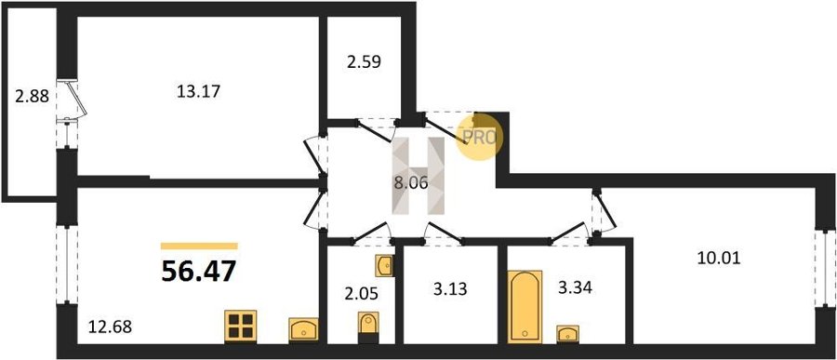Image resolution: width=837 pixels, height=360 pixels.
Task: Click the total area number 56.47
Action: [198, 272]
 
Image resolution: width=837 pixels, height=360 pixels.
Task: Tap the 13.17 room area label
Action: [198, 92]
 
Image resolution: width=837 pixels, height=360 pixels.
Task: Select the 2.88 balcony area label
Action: [32, 97]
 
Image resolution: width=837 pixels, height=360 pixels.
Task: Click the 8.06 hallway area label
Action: [410, 184]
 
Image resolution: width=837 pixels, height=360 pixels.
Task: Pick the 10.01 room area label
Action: [719, 259]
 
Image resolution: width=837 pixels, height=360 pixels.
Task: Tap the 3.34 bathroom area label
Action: [575, 289]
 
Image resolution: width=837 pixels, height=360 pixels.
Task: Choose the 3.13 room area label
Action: [449, 289]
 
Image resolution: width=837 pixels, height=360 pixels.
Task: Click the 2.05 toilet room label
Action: [356, 294]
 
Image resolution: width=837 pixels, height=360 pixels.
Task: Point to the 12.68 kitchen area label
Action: [110, 326]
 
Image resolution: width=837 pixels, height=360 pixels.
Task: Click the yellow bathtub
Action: [525, 306]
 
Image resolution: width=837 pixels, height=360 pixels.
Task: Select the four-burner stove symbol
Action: [240, 326]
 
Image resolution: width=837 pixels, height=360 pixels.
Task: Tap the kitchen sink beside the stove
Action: [304, 329]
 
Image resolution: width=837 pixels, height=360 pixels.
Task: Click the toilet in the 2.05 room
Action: [368, 327]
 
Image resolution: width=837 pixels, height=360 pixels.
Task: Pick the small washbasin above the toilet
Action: [384, 265]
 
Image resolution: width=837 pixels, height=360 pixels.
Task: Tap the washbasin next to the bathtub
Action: [567, 334]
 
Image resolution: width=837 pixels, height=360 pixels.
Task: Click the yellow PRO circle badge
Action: [479, 138]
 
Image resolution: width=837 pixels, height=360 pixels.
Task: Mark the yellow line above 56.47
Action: [199, 247]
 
